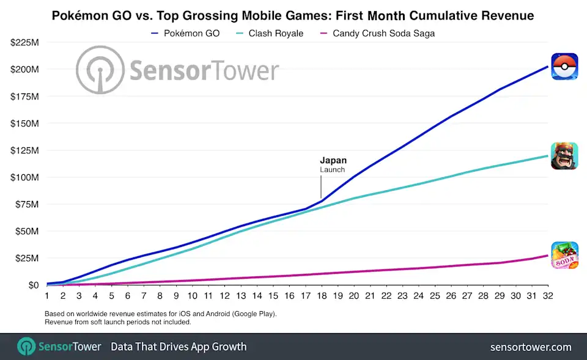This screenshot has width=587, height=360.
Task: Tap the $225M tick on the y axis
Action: [24, 42]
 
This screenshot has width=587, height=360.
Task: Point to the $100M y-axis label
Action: [24, 177]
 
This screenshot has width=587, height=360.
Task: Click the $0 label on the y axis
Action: [31, 285]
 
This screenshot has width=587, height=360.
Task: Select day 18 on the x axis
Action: [320, 295]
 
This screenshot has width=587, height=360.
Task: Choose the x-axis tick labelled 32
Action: [547, 295]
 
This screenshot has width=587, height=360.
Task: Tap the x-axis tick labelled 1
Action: [46, 295]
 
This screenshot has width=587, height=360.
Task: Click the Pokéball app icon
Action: [564, 67]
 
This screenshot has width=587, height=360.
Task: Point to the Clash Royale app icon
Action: [564, 156]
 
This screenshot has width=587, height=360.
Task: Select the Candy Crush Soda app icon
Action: [564, 255]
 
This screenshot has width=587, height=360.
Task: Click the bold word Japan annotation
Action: [333, 161]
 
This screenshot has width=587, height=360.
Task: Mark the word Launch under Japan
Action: [332, 170]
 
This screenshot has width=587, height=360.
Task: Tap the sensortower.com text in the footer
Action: [531, 347]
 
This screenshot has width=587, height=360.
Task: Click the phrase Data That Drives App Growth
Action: [179, 347]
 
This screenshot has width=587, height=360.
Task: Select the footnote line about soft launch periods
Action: [117, 322]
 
